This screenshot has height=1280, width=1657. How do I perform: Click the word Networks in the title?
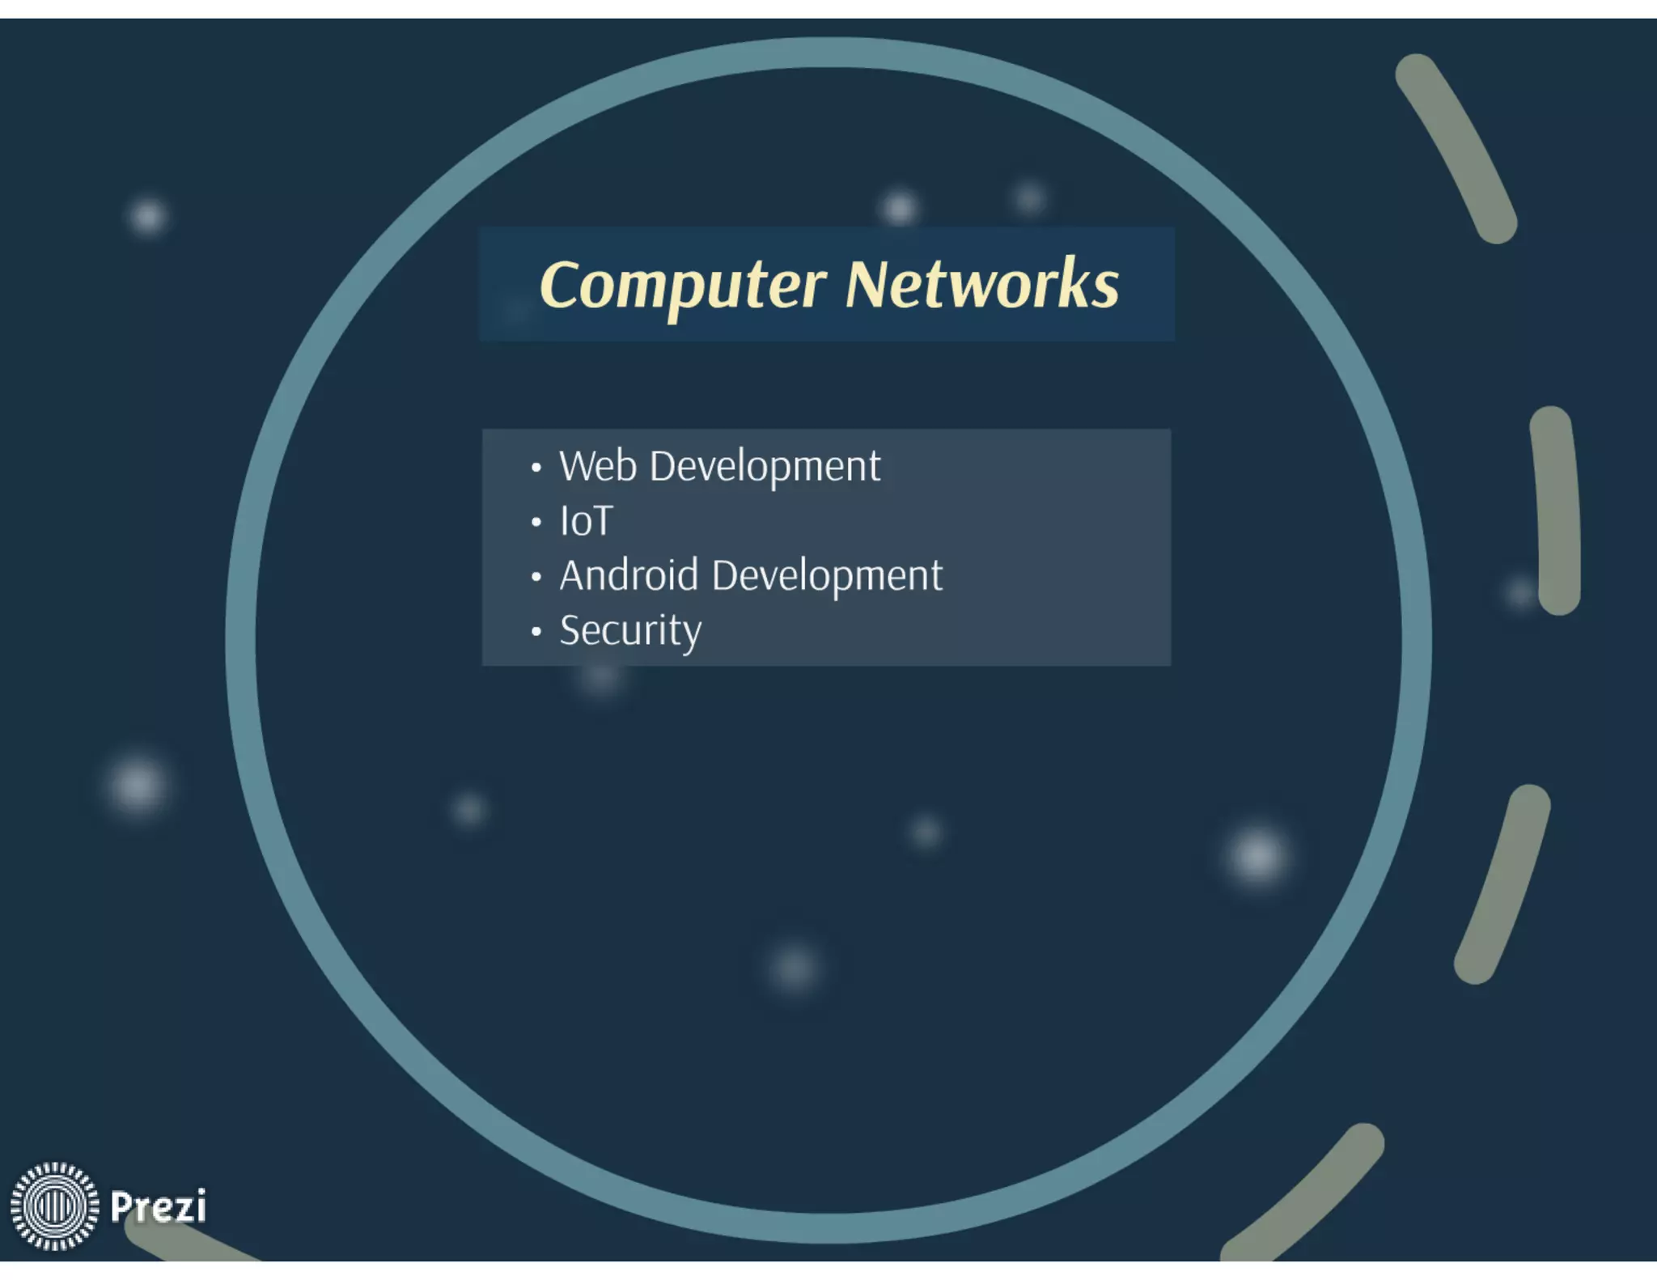[x=981, y=285]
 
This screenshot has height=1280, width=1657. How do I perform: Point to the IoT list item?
[x=586, y=521]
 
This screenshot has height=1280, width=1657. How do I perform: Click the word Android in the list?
[x=628, y=576]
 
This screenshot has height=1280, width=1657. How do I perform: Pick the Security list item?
[x=630, y=631]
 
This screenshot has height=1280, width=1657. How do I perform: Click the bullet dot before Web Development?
[x=536, y=468]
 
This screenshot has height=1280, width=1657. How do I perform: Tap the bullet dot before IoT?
[x=536, y=523]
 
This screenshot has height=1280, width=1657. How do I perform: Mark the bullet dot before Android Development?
[x=536, y=577]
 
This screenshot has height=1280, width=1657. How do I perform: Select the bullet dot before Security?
[x=536, y=632]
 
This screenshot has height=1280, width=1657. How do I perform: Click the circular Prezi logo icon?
[x=54, y=1206]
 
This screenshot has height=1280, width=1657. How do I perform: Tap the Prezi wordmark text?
[x=158, y=1206]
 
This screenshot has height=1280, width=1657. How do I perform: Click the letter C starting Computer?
[x=559, y=285]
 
